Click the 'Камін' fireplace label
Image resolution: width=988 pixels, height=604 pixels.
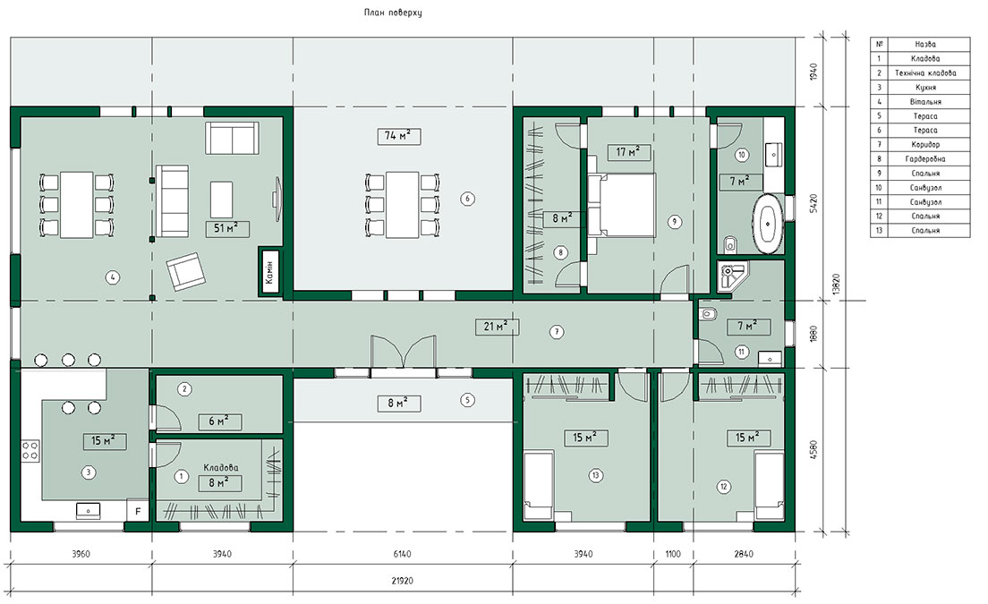coord(269,272)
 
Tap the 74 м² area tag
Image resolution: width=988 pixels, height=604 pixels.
coord(399,135)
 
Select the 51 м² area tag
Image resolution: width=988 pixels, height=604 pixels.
coord(226,229)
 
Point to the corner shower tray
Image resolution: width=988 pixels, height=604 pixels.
coord(731,276)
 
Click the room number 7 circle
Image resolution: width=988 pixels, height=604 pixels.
coord(557,332)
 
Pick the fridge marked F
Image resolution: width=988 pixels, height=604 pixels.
coord(138,511)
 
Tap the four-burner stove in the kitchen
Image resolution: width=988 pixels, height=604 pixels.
coord(30,450)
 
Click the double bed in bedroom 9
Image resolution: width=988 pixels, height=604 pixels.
coord(623,205)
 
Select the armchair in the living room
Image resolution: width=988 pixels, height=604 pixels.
coord(186,271)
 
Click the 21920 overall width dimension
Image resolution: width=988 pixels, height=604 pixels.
coord(402,581)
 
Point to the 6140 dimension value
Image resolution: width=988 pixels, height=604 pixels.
coord(402,554)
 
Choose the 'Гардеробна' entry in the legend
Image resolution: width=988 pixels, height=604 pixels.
coord(925,158)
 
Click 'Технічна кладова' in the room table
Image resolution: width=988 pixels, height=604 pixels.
coord(925,73)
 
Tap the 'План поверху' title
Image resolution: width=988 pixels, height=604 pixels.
coord(393,13)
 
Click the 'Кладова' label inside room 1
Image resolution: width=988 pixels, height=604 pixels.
coord(220,468)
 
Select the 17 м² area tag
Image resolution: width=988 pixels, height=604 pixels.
coord(628,152)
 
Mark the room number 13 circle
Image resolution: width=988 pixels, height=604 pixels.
coord(595,475)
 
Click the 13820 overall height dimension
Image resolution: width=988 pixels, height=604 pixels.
coord(836,285)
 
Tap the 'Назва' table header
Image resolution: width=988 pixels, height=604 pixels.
coord(925,44)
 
